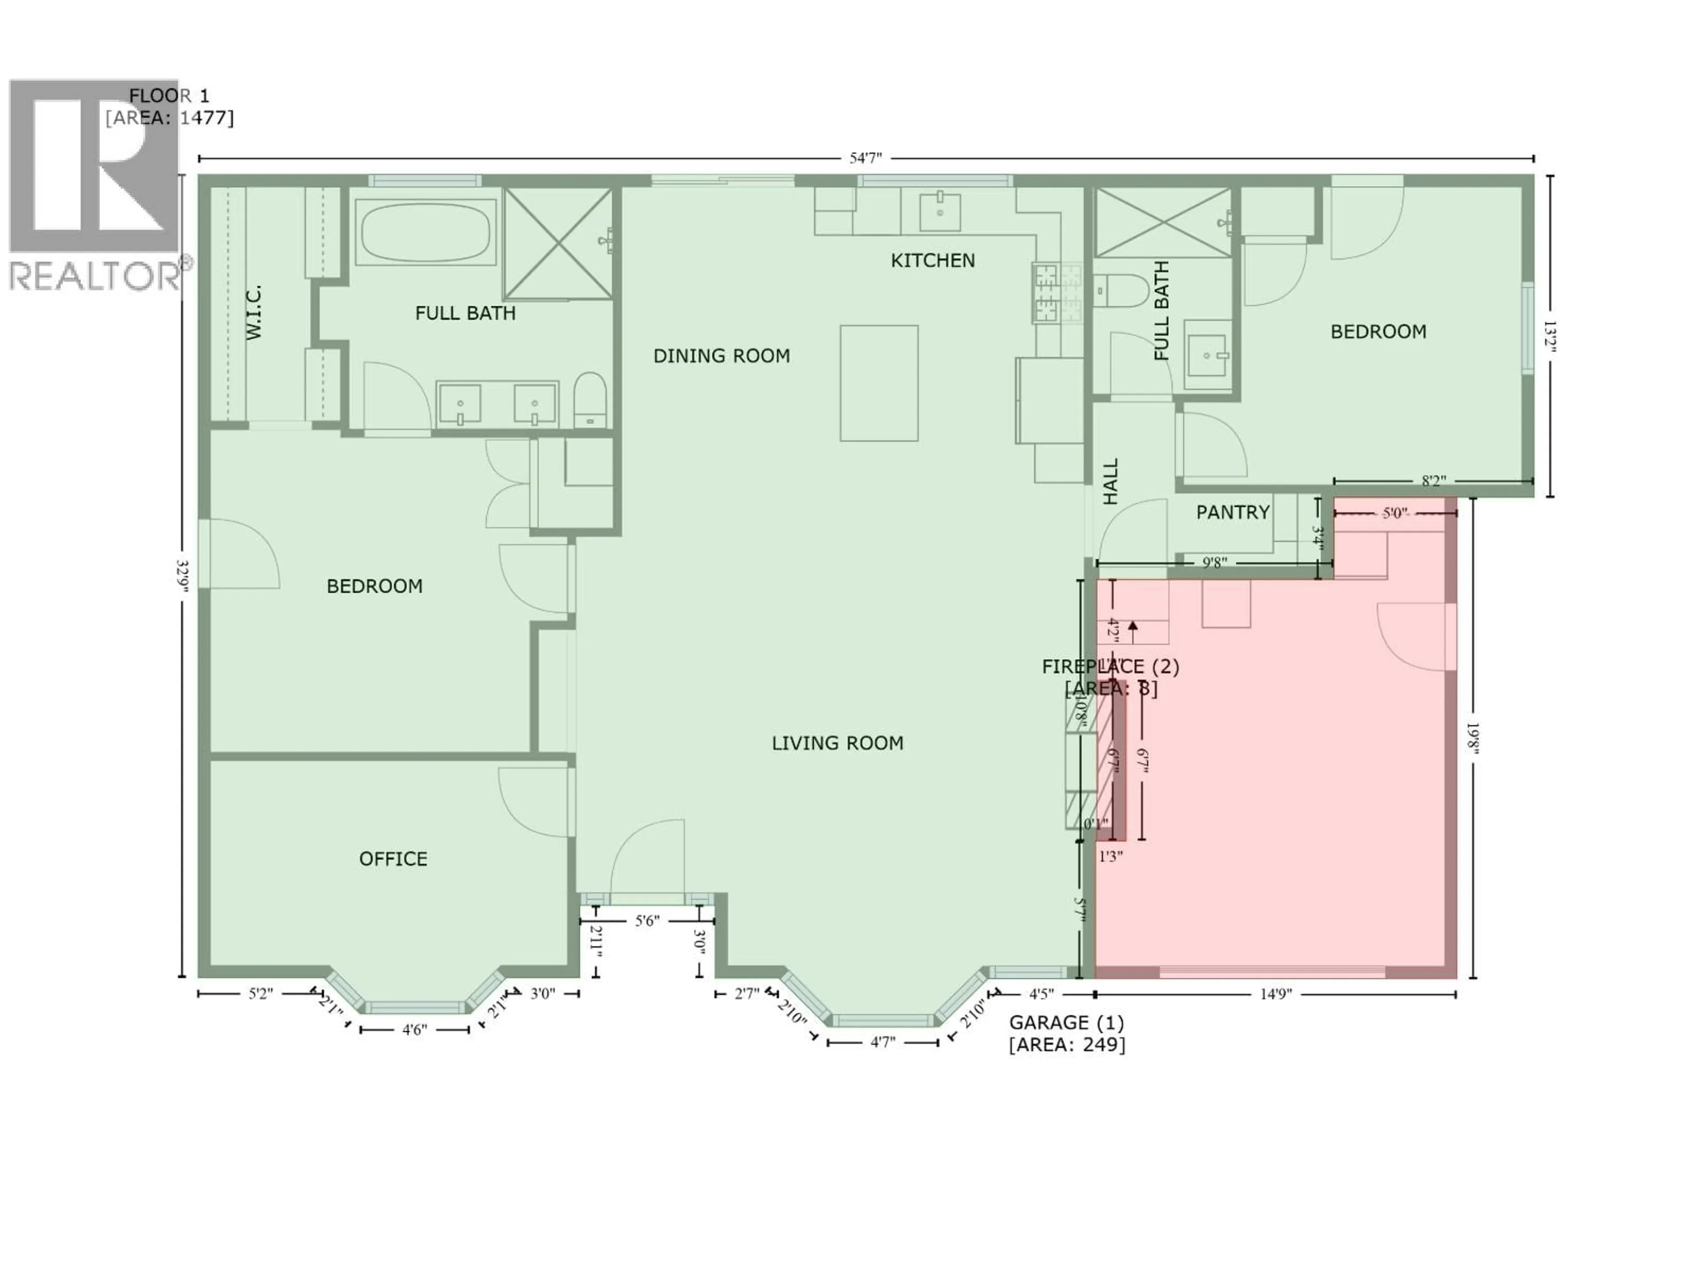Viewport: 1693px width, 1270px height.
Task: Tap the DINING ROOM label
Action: [721, 356]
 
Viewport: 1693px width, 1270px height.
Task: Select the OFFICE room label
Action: [393, 859]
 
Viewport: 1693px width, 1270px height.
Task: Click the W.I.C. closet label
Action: [254, 312]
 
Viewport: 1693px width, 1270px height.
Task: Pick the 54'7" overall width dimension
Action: [865, 158]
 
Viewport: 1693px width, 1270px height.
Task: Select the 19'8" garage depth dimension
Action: [1472, 738]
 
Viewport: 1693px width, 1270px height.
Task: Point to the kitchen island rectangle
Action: [879, 383]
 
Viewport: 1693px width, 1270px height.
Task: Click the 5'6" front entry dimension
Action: [647, 921]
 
